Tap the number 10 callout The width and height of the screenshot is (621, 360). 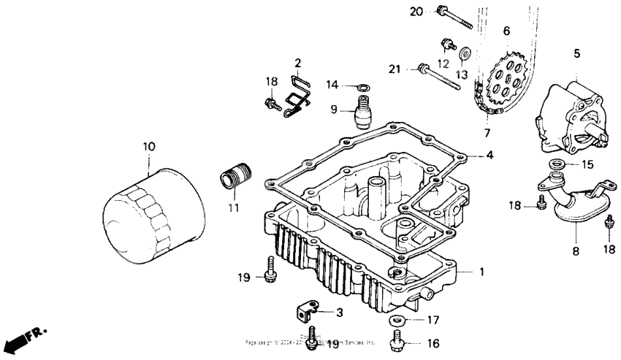coord(149,147)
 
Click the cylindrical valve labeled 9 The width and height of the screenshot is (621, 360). coord(362,112)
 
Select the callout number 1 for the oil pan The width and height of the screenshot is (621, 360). coord(481,272)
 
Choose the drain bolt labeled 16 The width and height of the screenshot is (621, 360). coord(397,340)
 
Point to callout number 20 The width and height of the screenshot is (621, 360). coord(416,12)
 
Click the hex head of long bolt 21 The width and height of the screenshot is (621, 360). coord(424,70)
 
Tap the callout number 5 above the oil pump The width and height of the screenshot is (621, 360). coord(576,53)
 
